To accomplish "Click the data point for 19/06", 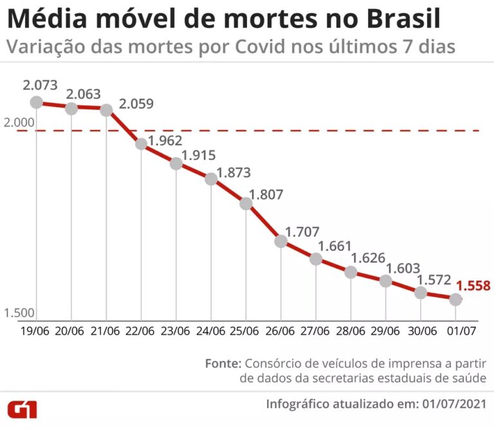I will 37,102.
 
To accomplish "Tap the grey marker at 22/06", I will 142,143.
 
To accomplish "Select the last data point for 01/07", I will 455,299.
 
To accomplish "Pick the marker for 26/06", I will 281,241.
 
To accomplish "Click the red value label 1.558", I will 473,286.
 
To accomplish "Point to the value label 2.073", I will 40,85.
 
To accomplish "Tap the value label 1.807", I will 266,195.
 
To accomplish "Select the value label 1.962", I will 165,140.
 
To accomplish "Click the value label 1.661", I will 335,246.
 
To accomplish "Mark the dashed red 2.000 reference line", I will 289,131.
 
